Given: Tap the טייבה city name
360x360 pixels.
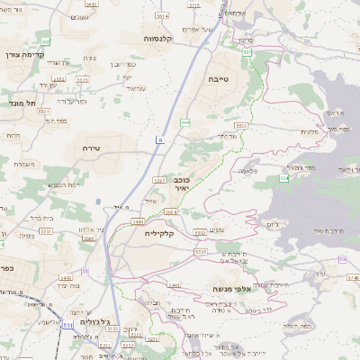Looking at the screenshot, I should tap(220, 79).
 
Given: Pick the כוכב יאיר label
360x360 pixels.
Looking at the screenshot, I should tap(181, 184).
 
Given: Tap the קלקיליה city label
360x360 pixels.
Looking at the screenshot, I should tap(165, 233).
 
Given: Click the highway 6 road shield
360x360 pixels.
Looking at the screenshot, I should tap(159, 139).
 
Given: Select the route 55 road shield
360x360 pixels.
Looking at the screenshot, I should tap(85, 271).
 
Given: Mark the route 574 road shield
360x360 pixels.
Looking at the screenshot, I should tap(283, 179).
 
